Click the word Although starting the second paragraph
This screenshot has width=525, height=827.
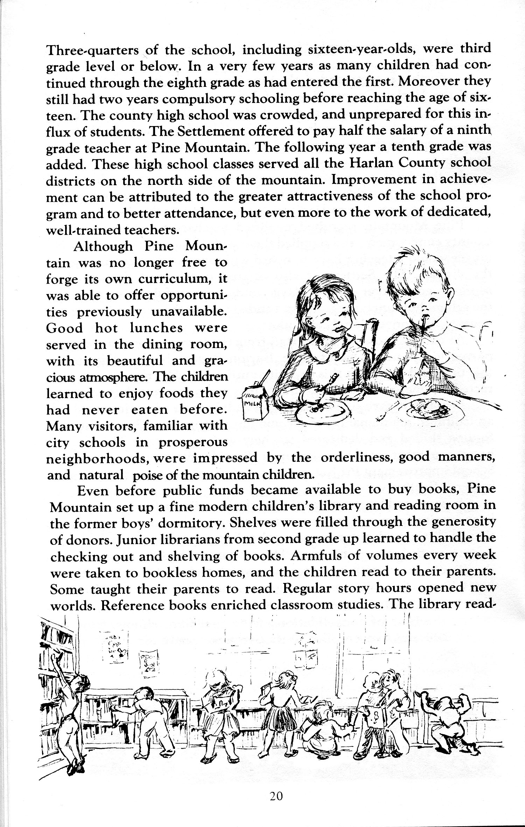(x=103, y=246)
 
